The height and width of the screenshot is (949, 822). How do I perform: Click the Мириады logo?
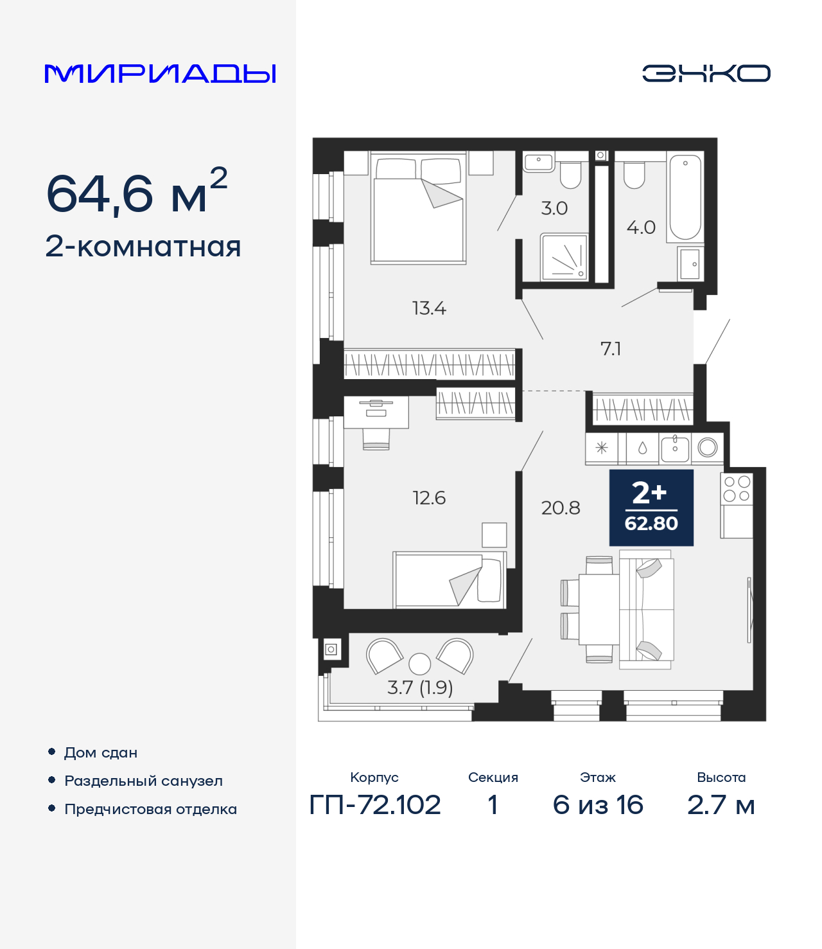(x=161, y=73)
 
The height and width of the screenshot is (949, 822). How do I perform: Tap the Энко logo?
(x=706, y=73)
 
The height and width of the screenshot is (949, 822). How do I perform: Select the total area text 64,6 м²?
(x=137, y=192)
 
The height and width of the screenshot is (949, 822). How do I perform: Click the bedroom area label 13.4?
(x=429, y=308)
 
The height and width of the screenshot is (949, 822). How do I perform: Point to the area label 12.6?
(x=429, y=498)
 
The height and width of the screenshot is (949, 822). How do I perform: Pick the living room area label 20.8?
(x=561, y=508)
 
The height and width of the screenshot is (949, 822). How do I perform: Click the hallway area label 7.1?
(x=611, y=349)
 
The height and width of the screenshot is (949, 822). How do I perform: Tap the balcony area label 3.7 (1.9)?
(x=420, y=688)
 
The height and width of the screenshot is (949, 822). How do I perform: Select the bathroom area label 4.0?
(x=641, y=227)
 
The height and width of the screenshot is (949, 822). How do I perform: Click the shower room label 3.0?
(x=554, y=208)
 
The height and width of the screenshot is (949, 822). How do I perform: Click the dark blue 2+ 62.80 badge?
(x=651, y=508)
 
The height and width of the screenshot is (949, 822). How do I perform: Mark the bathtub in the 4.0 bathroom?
(x=685, y=197)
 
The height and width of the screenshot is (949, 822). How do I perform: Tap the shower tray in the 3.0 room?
(x=564, y=258)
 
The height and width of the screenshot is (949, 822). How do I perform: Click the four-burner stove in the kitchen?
(x=737, y=488)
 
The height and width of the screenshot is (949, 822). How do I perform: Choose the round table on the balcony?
(x=420, y=663)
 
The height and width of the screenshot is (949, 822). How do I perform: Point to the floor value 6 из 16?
(x=598, y=805)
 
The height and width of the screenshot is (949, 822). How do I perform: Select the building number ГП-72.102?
(x=375, y=805)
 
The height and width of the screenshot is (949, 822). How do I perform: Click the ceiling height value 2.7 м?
(x=721, y=805)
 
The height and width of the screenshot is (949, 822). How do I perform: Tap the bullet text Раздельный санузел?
(x=143, y=781)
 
